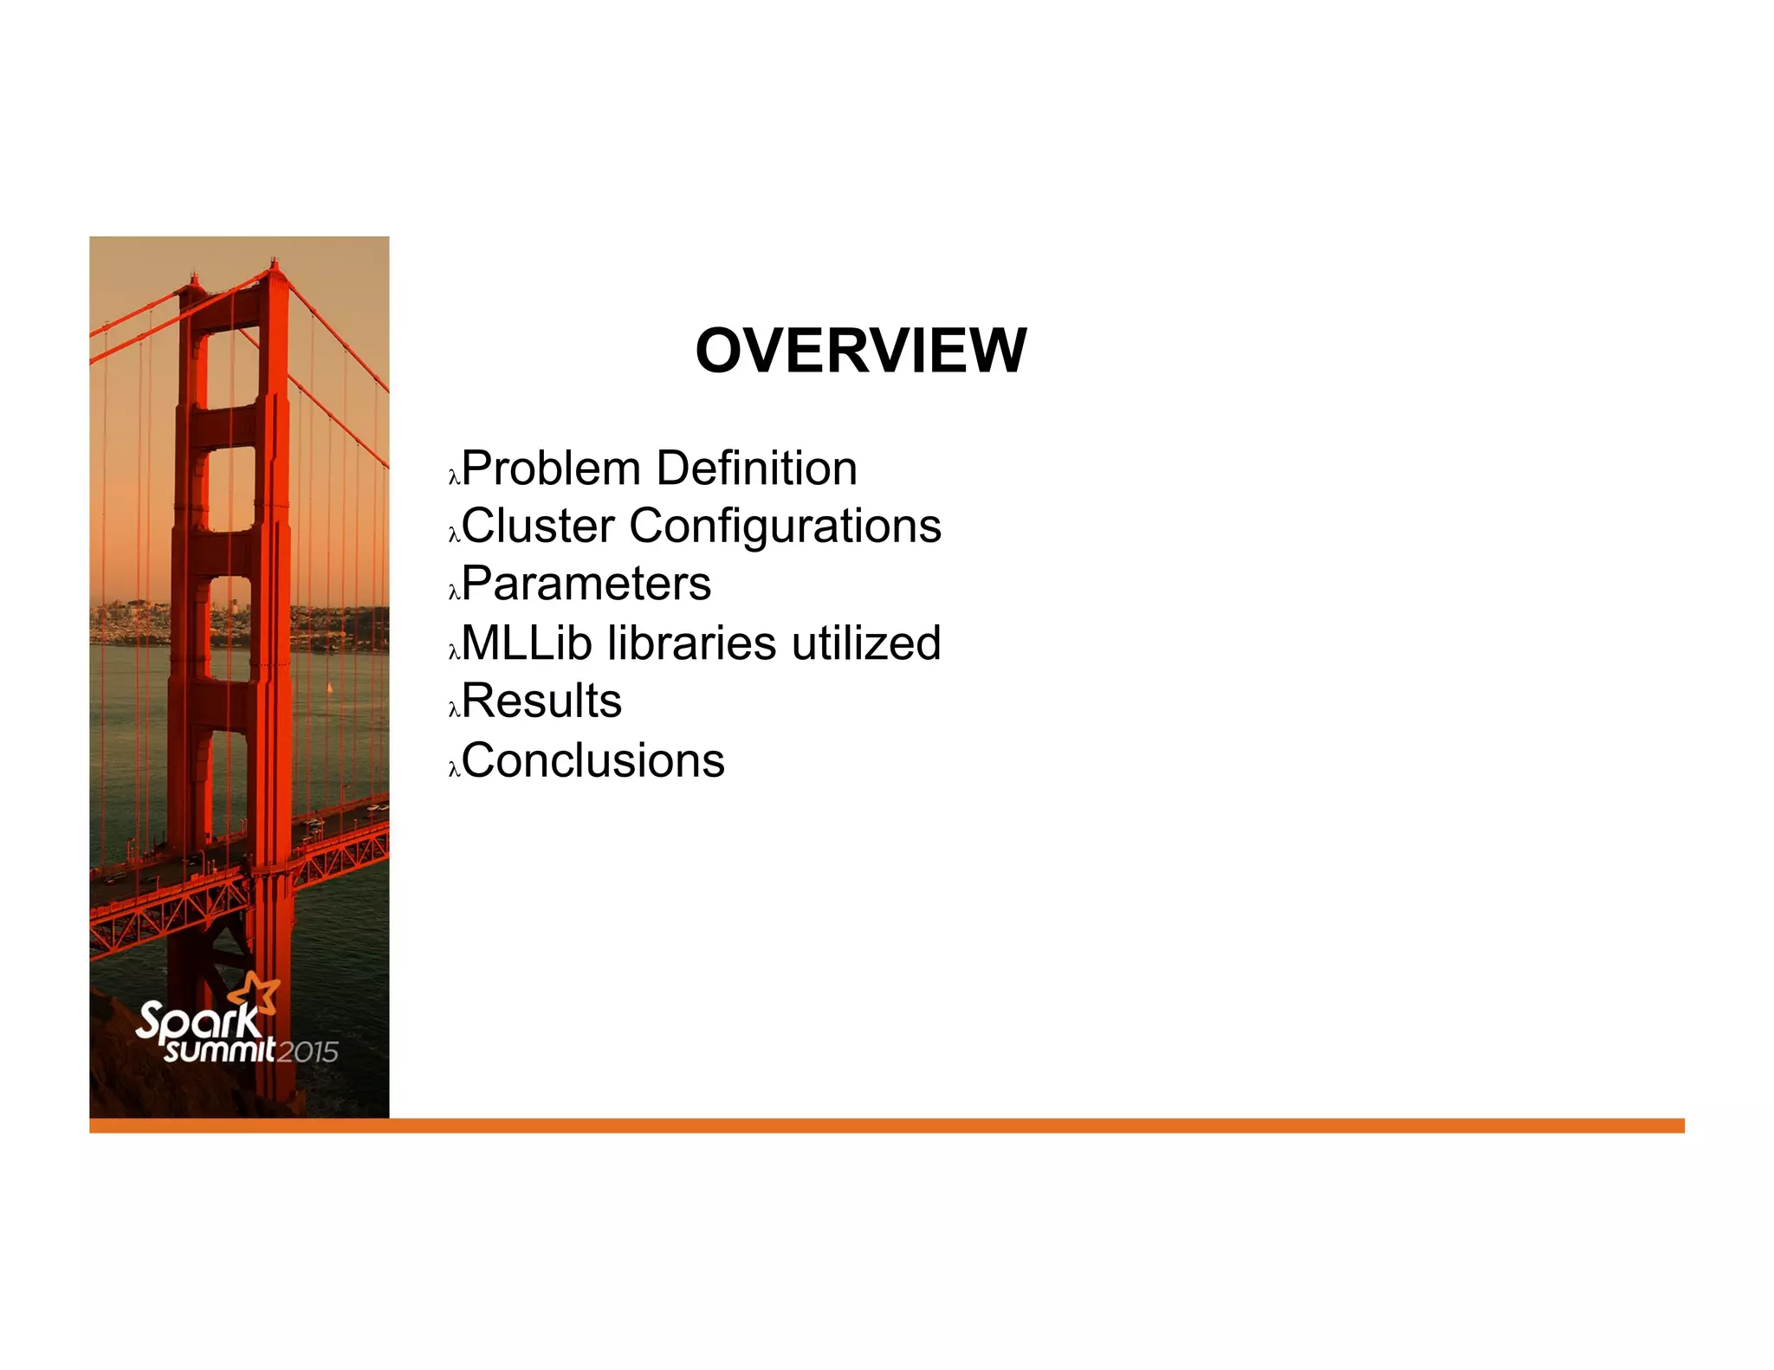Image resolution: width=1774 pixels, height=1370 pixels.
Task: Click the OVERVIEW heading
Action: coord(860,351)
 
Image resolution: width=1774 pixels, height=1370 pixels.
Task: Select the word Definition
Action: coord(756,469)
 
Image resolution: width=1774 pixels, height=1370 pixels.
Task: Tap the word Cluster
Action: coord(538,526)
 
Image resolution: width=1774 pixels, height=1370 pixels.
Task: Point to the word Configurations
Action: coord(785,526)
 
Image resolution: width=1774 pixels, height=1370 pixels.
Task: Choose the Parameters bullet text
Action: coord(586,583)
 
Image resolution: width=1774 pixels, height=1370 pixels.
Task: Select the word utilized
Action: coord(865,643)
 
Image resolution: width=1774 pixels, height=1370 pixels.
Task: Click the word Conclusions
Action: coord(593,760)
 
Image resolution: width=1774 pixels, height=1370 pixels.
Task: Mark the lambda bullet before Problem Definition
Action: coord(453,476)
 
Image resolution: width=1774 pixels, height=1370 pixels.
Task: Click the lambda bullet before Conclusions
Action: coord(453,769)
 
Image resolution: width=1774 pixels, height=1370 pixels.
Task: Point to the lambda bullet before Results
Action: coord(453,709)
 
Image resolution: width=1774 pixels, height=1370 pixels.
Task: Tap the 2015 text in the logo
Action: coord(308,1052)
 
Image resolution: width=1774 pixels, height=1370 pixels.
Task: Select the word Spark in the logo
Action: coord(197,1022)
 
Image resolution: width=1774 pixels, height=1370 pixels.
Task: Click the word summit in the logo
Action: coord(220,1050)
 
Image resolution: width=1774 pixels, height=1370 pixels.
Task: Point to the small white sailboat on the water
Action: coord(329,688)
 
